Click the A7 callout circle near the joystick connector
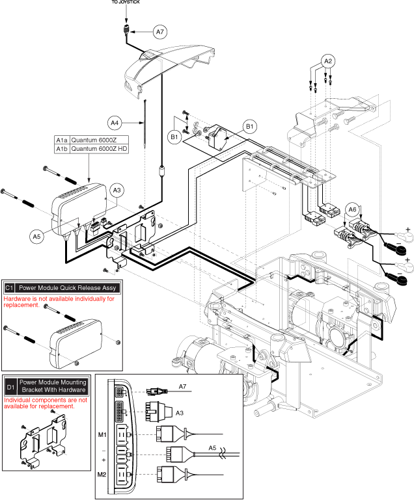click(161, 31)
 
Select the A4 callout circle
click(115, 122)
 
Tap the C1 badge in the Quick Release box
click(10, 287)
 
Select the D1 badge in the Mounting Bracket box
click(10, 386)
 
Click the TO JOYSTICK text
click(127, 3)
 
